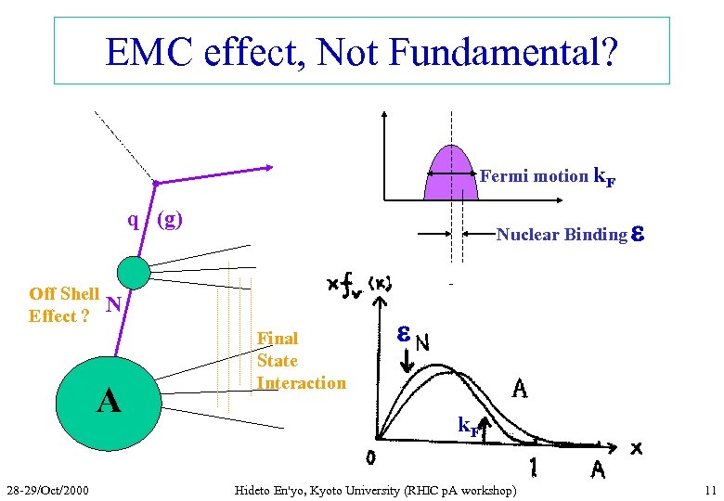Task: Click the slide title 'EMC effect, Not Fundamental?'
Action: pos(361,52)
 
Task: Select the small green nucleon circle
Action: pos(135,272)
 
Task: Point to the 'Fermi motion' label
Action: pos(534,175)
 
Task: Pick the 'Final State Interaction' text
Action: pos(301,361)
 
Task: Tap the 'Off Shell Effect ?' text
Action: pos(63,304)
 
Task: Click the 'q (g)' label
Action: pos(156,220)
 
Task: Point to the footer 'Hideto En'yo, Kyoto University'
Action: pos(376,489)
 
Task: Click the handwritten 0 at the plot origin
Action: pos(369,458)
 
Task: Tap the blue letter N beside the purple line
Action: pos(113,303)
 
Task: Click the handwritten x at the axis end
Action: pos(637,448)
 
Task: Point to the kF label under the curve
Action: pos(470,426)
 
